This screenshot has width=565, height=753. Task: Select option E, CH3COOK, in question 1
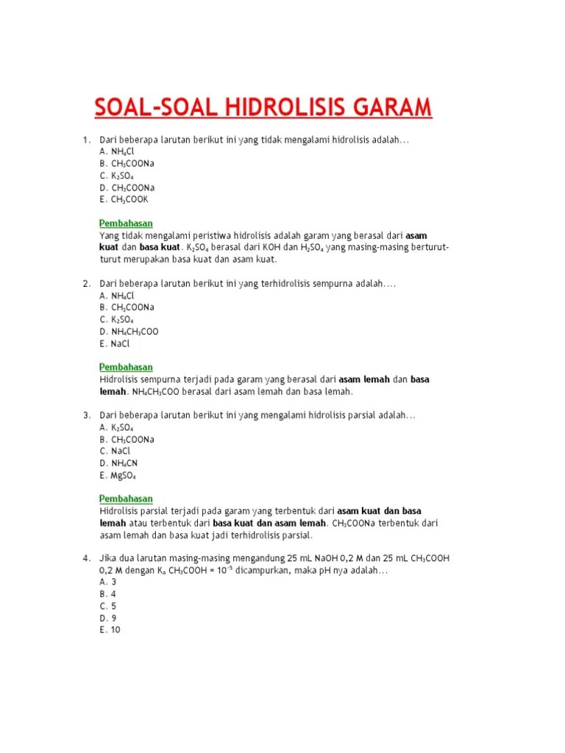pyautogui.click(x=124, y=199)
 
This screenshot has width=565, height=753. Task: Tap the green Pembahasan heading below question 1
pyautogui.click(x=126, y=224)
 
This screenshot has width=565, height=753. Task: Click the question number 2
pyautogui.click(x=85, y=283)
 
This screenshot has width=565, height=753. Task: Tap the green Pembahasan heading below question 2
pyautogui.click(x=126, y=367)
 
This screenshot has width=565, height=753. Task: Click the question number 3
pyautogui.click(x=85, y=415)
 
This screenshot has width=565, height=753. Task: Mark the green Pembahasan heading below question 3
pyautogui.click(x=126, y=499)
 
